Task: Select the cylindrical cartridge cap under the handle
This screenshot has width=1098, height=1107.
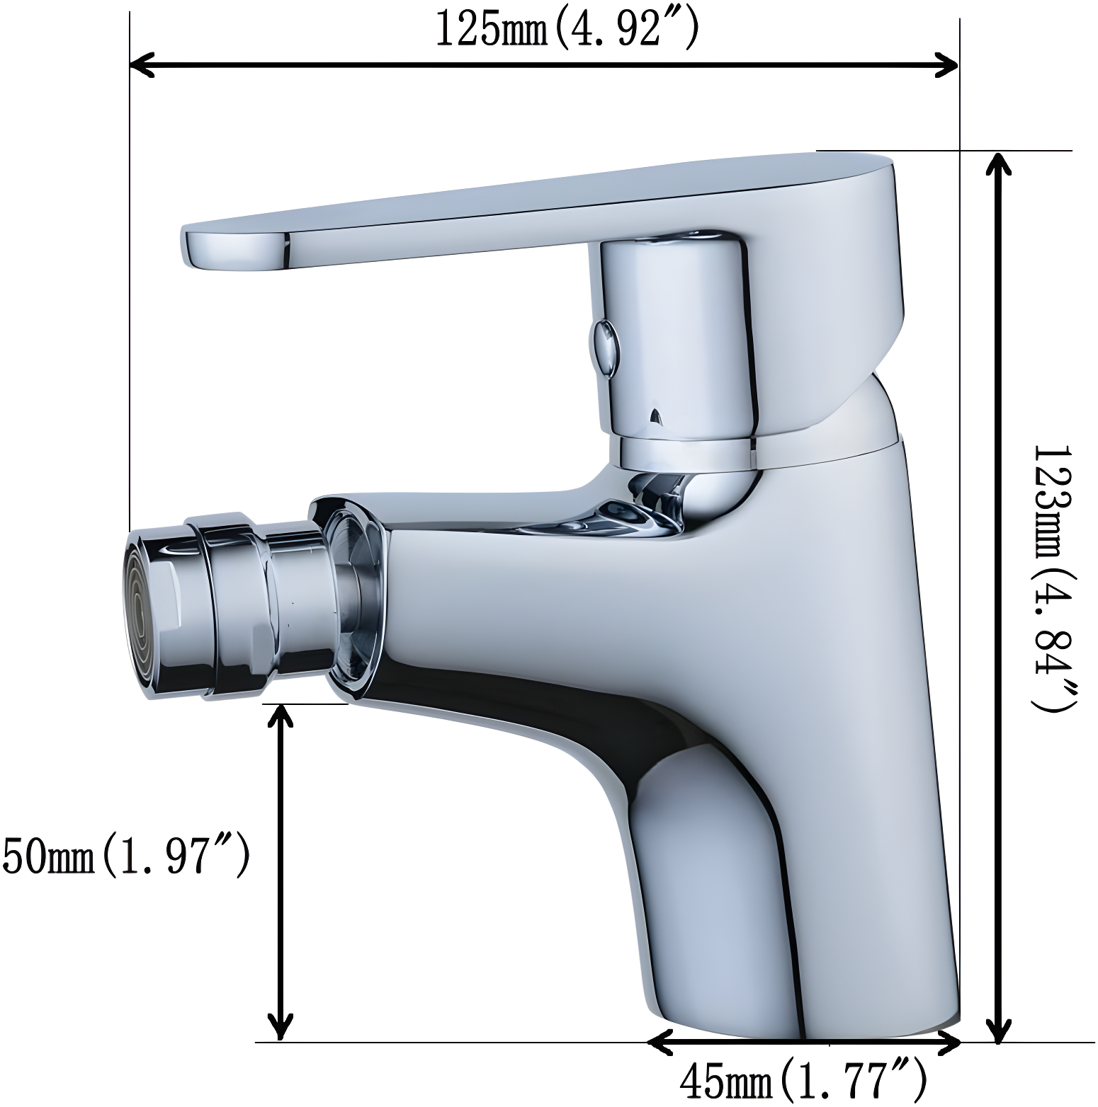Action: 673,333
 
